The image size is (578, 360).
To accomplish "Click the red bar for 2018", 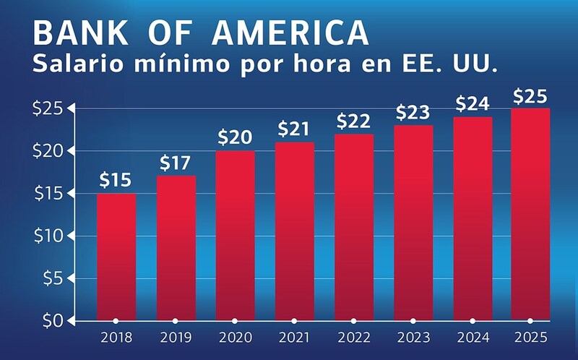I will pyautogui.click(x=116, y=257).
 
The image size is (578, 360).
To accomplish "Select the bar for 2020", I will pyautogui.click(x=235, y=235).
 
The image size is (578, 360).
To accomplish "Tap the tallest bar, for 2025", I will pyautogui.click(x=530, y=214).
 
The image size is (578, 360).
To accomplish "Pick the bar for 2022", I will pyautogui.click(x=353, y=227).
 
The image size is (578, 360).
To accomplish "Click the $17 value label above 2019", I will pyautogui.click(x=176, y=163).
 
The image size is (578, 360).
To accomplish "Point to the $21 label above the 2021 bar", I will pyautogui.click(x=294, y=130).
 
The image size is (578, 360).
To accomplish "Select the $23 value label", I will pyautogui.click(x=413, y=113).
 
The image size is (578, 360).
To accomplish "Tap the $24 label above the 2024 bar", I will pyautogui.click(x=472, y=104).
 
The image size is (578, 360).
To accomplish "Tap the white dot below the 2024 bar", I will pyautogui.click(x=472, y=320).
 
